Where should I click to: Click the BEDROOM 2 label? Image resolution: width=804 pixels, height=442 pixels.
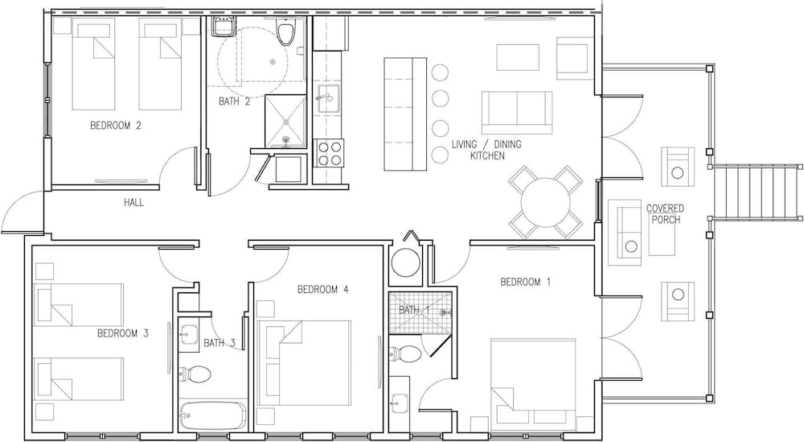(115, 126)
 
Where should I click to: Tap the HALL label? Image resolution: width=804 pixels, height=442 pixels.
(133, 203)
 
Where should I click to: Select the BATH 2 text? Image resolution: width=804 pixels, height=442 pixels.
(234, 101)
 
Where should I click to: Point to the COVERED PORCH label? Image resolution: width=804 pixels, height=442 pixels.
(665, 214)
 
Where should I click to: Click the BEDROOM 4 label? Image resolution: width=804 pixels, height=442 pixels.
(323, 290)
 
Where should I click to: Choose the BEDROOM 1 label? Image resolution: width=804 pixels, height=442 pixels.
(526, 282)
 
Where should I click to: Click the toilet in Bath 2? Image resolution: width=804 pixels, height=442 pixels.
(285, 32)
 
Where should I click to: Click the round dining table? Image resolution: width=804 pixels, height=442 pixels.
(546, 202)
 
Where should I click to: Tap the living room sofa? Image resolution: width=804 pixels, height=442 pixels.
(517, 113)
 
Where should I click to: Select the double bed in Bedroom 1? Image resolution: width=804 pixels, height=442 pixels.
(533, 381)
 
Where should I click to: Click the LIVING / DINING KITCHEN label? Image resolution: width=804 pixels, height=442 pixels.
(486, 150)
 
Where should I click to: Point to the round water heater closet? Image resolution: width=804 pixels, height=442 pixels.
(405, 262)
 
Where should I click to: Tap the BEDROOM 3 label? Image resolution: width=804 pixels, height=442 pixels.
(123, 333)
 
